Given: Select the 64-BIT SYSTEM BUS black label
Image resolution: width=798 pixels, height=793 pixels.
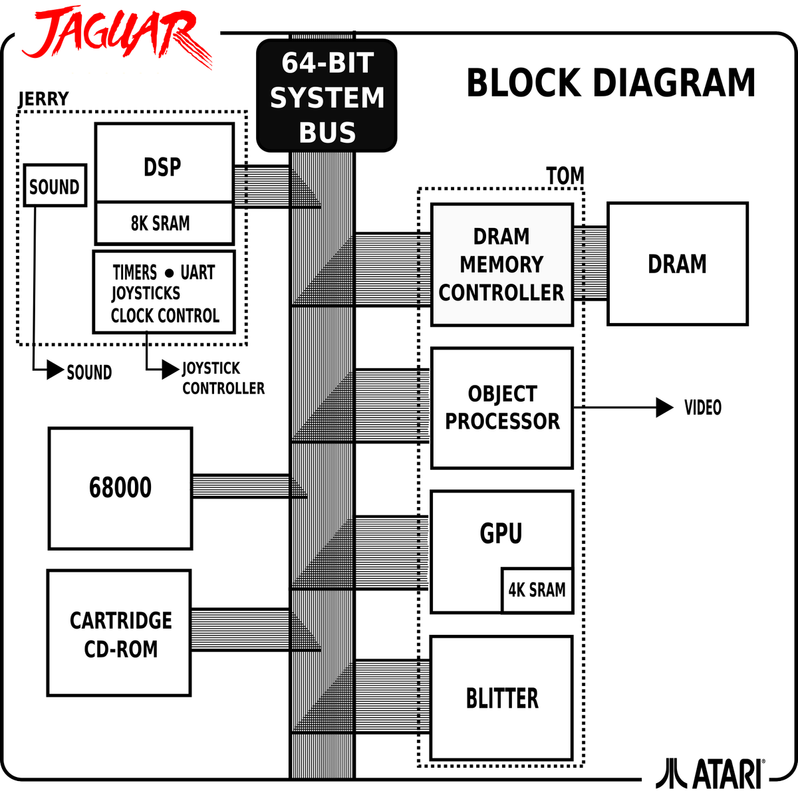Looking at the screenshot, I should tap(327, 97).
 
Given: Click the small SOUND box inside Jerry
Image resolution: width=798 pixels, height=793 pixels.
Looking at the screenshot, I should tap(55, 186).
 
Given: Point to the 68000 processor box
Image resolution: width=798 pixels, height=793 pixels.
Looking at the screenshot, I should tap(120, 488).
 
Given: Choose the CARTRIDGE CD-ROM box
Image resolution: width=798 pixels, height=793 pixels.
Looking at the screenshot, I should tap(120, 633).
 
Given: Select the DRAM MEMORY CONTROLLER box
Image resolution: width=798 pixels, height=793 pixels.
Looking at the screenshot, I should tap(501, 265).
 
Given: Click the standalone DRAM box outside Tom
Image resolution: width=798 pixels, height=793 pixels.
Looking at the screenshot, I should tap(677, 264).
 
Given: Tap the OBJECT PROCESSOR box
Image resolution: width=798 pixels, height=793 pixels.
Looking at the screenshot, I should tap(501, 407).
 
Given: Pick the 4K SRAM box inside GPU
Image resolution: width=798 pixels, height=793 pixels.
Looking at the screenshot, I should tap(537, 590).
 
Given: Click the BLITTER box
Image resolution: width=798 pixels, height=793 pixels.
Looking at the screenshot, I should tap(501, 698).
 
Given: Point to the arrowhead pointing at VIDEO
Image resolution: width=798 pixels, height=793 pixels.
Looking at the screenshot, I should tap(664, 407).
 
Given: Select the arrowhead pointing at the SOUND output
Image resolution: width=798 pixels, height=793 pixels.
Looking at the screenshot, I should tap(55, 372).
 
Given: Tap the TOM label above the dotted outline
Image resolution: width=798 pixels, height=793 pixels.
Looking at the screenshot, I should tap(565, 177).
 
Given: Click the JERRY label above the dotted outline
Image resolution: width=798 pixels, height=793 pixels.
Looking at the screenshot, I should tap(43, 98).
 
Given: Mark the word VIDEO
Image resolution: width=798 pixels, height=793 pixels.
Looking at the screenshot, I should tap(703, 407).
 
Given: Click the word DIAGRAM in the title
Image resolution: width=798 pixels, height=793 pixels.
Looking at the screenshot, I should tap(673, 84).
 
